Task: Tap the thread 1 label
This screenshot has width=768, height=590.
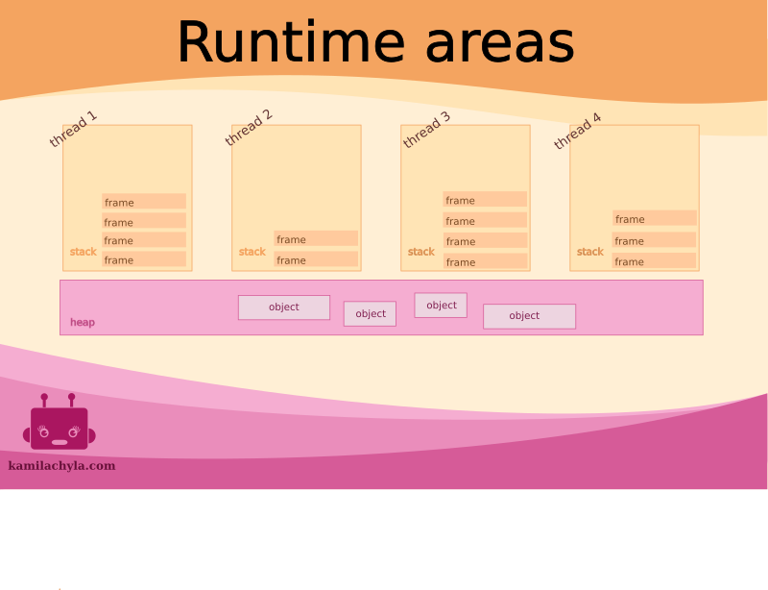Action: coord(73,130)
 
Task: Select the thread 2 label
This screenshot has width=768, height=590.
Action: coord(249,128)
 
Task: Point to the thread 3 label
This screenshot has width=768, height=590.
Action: coord(426,131)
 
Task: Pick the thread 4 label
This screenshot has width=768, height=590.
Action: coord(577,132)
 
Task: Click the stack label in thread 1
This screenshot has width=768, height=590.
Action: coord(84,253)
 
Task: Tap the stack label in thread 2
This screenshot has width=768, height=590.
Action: coord(252,253)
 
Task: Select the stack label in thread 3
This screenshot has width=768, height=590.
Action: coord(421,253)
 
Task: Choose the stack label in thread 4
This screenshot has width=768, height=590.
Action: coord(590,253)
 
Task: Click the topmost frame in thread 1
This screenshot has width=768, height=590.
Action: coord(144,202)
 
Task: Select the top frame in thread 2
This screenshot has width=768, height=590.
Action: coord(316,239)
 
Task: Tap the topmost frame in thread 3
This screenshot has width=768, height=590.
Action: coord(485,200)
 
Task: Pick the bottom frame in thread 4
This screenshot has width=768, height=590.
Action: coord(654,261)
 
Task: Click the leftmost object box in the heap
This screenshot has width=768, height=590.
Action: coord(284,307)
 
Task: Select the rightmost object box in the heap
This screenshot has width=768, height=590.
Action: coord(529,316)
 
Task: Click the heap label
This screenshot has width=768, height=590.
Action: coord(83,323)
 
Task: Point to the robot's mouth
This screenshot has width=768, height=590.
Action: coord(60,442)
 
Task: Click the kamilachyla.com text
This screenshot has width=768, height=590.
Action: coord(61,466)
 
